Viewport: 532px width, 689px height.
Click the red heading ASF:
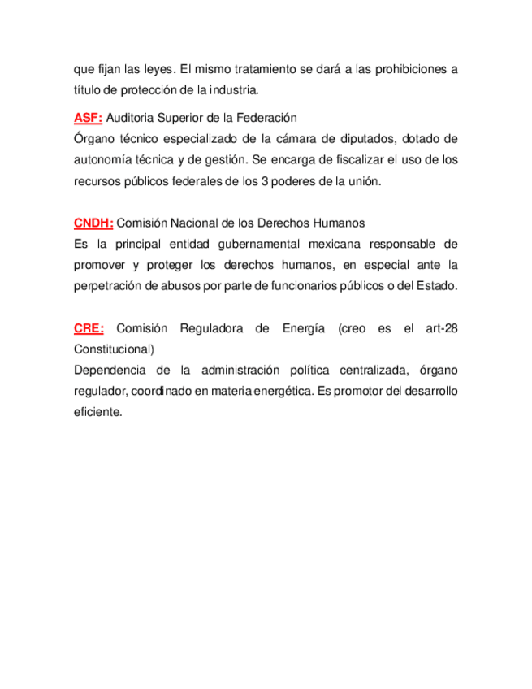(88, 118)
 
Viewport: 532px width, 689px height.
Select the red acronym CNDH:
(93, 223)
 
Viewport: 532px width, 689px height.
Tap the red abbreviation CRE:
(89, 328)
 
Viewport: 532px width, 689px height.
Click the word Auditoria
(132, 118)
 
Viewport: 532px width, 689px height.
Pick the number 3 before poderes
(265, 181)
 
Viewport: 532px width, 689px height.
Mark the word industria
(234, 90)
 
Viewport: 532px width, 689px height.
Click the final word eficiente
(97, 413)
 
